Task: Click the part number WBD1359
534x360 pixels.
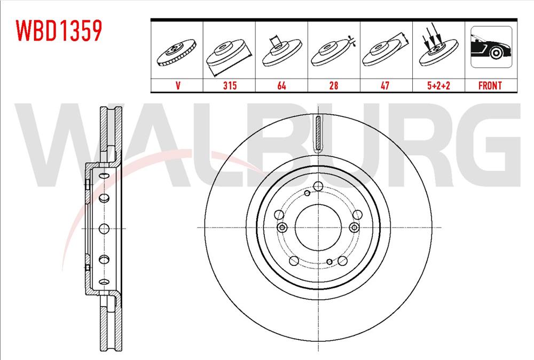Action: [x=59, y=32]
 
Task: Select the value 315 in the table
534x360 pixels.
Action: [x=230, y=85]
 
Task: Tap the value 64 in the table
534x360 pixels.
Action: [x=281, y=85]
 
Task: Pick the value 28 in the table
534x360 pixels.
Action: [x=334, y=85]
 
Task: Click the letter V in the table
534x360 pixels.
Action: [x=177, y=85]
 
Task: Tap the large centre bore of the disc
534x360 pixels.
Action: [x=317, y=227]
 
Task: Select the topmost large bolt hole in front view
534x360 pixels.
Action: [x=318, y=186]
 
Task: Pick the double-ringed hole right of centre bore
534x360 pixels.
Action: [x=352, y=228]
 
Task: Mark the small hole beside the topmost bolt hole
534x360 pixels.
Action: [x=308, y=193]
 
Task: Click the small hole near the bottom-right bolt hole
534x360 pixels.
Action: [x=329, y=261]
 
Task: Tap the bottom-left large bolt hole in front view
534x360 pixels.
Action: [x=293, y=261]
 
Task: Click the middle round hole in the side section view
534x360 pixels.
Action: [x=103, y=228]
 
